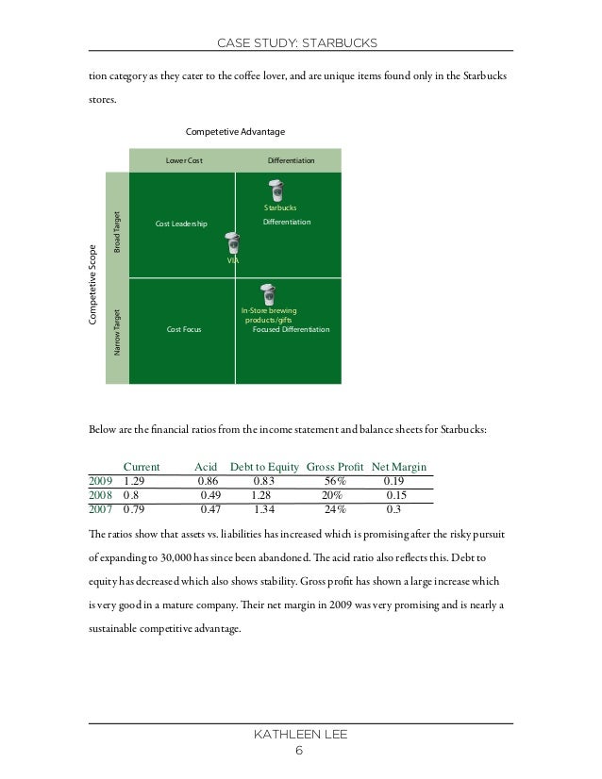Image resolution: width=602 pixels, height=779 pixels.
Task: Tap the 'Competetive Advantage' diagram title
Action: tap(235, 131)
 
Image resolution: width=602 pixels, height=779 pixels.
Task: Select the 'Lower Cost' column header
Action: tap(184, 161)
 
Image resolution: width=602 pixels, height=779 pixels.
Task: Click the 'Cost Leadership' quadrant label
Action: tap(180, 224)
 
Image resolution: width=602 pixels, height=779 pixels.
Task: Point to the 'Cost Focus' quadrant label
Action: tap(184, 330)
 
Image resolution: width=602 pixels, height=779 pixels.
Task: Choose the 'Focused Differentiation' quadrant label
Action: tap(292, 330)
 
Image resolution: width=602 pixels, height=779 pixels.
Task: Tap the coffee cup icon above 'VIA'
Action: tap(231, 240)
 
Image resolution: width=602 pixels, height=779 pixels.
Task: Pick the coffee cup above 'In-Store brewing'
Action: tap(268, 294)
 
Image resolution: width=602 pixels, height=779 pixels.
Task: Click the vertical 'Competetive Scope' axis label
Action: tap(94, 286)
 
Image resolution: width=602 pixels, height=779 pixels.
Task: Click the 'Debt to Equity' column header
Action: tap(264, 466)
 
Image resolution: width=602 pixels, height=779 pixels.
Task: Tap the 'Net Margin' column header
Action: tap(399, 466)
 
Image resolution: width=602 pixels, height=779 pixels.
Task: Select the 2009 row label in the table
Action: tap(100, 481)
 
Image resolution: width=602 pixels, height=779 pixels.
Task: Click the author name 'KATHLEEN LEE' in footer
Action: tap(300, 735)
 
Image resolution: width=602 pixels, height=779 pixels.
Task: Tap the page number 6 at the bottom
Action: tap(299, 751)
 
